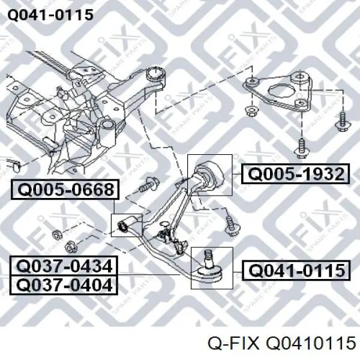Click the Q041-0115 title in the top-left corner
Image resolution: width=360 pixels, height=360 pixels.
coord(50,15)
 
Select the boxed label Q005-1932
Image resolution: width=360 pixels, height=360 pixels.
coord(295,174)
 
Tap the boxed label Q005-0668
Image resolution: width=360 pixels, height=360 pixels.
coord(65,190)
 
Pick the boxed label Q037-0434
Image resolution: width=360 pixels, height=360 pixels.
coord(64,266)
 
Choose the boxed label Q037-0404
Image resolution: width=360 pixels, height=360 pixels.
coord(64,285)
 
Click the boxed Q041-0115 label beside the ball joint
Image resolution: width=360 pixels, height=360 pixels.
coord(296,271)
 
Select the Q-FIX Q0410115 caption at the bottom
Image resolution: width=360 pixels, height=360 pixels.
coord(281,343)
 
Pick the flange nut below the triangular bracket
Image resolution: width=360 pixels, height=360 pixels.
coord(251,111)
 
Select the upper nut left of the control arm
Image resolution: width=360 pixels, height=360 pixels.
coord(57,235)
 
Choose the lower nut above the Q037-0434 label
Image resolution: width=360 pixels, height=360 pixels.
coord(70,247)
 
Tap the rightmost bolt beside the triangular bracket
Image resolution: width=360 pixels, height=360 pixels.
coord(342,122)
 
